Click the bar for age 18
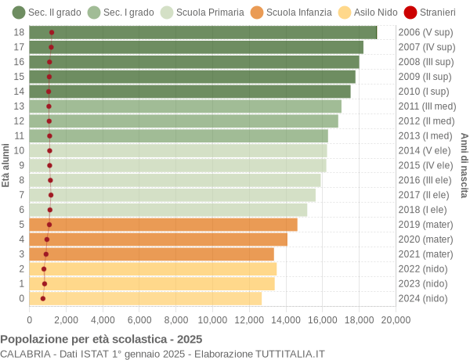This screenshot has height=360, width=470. coord(203,32)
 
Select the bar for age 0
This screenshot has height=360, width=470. coord(145,298)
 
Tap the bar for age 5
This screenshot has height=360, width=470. coord(163,225)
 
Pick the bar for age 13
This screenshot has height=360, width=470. coord(185,106)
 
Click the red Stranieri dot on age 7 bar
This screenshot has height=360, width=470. coord(51,195)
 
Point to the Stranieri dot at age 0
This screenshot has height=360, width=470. coord(43,298)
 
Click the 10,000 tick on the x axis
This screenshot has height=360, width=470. coord(212,319)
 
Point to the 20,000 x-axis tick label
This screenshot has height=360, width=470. coord(396,319)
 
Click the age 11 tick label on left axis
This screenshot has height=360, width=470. coord(20,135)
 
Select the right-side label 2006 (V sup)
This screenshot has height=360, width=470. coord(425,32)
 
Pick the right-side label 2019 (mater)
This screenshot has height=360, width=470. coord(425,225)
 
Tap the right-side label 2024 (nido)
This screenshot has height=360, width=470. coord(424,298)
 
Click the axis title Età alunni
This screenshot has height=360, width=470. coord(6,165)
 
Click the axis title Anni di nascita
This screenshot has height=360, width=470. coord(464,165)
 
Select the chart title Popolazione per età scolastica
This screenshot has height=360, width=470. coord(101,339)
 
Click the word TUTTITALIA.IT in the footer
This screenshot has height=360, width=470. coord(287,354)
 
